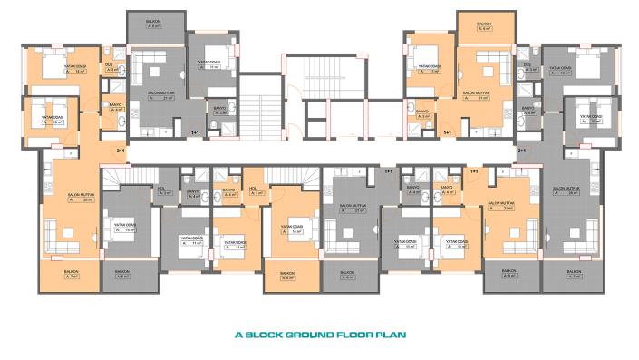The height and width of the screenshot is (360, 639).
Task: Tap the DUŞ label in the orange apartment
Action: (x=108, y=67)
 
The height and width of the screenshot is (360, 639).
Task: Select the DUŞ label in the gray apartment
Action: (x=528, y=67)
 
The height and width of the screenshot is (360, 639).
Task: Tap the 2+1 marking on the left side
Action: (x=120, y=150)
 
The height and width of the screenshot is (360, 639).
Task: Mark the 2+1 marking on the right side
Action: (x=521, y=150)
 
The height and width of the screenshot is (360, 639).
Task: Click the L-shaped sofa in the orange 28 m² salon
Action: (x=65, y=238)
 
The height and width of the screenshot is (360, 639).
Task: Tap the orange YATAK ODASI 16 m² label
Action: (x=292, y=229)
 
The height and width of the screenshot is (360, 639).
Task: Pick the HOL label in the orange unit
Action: (x=257, y=191)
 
